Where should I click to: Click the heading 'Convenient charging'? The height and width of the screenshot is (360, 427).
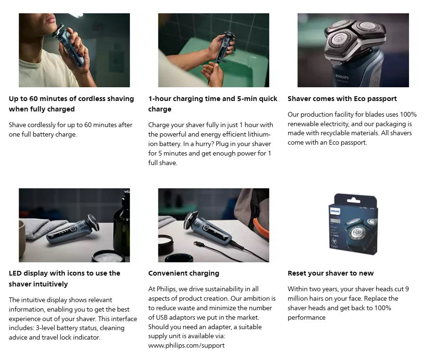(x=183, y=273)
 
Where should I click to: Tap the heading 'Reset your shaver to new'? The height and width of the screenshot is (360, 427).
(x=331, y=273)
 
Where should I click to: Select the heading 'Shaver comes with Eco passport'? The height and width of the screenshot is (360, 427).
(x=342, y=99)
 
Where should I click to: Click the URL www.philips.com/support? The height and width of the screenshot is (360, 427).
(x=186, y=346)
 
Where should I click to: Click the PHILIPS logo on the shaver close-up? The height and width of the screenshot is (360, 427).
(x=342, y=76)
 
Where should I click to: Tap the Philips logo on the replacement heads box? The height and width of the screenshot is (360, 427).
(x=335, y=211)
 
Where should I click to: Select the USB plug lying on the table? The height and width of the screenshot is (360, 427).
(x=199, y=244)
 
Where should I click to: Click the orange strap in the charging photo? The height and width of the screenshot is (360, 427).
(x=261, y=229)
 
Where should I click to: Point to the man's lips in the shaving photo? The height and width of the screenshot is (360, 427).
(x=51, y=19)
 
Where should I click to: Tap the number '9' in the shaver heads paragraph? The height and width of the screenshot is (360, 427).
(x=407, y=289)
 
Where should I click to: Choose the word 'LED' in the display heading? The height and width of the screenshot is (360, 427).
(x=15, y=273)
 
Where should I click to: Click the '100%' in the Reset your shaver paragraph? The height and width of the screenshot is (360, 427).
(x=382, y=308)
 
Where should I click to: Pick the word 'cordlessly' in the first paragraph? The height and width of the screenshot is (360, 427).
(x=42, y=125)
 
